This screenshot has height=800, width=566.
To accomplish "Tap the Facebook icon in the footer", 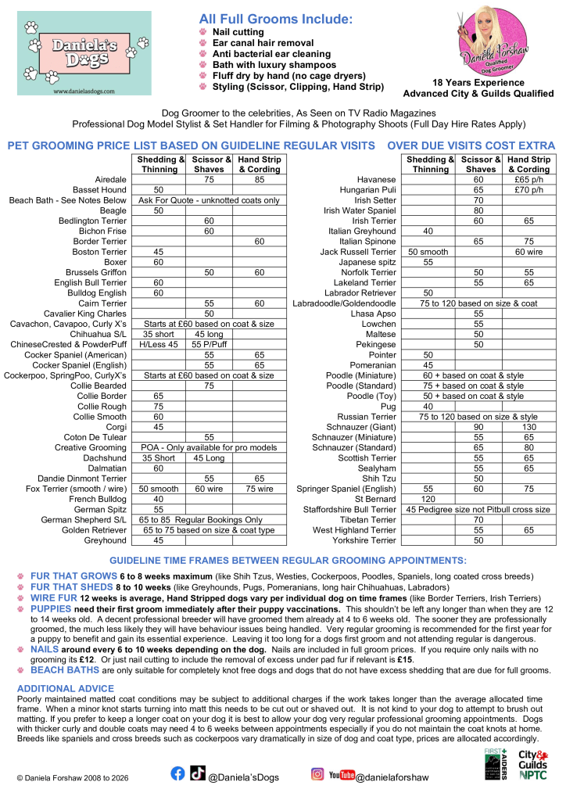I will (178, 773).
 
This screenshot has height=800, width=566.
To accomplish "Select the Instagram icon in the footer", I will (318, 774).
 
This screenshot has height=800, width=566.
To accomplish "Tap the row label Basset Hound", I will (99, 190).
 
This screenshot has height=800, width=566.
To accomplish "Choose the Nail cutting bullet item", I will (238, 31).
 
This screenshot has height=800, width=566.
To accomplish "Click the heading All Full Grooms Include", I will (275, 17).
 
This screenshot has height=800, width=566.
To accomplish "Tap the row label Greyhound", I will (105, 540).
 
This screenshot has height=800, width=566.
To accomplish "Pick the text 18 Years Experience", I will (477, 83).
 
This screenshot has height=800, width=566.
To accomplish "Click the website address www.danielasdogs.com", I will (84, 91).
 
